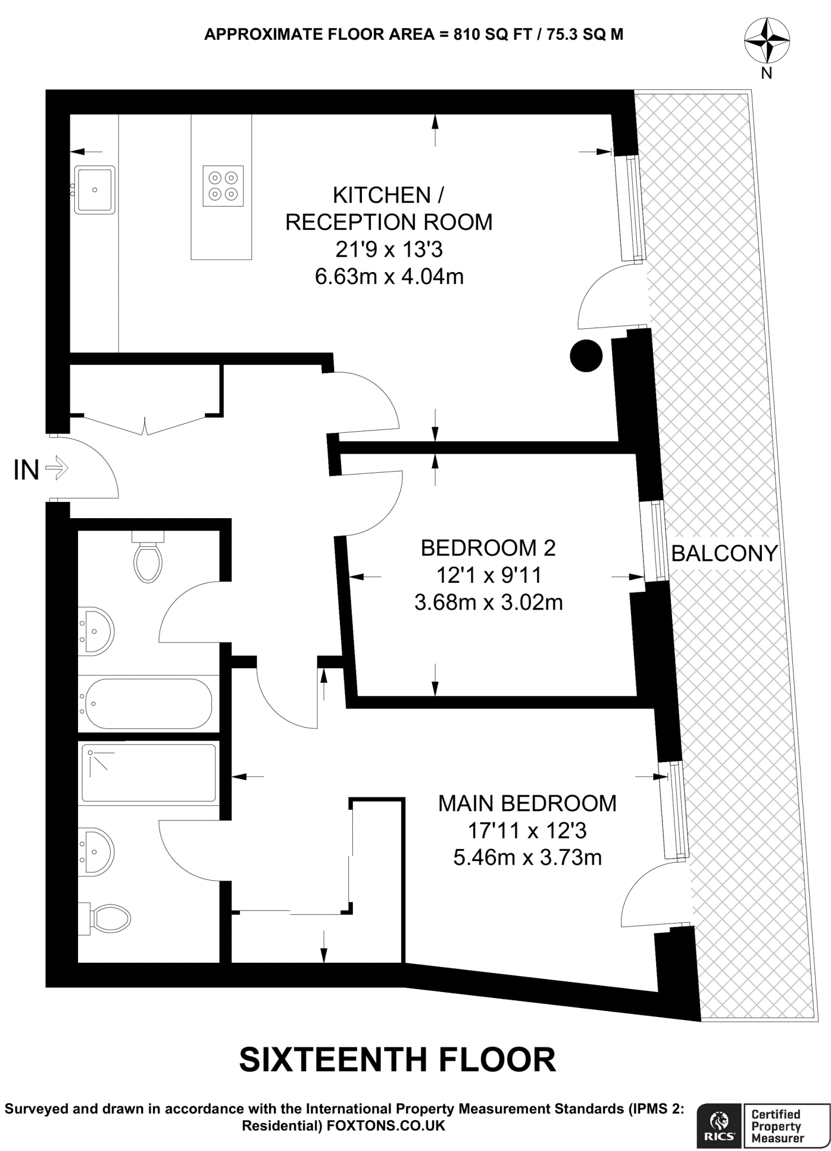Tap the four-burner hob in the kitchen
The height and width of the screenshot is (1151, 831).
[223, 185]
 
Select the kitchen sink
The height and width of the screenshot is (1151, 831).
[94, 189]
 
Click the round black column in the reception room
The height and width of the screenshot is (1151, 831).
[586, 355]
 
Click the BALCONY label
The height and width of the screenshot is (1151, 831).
[724, 554]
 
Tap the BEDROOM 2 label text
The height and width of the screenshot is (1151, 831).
[488, 547]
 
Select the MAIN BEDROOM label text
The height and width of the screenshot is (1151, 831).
[527, 803]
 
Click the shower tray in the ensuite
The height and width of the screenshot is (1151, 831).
[149, 772]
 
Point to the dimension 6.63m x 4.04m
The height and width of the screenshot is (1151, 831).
[389, 277]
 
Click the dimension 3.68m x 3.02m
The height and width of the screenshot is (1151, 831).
[488, 602]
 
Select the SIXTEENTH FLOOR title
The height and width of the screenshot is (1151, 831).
[397, 1060]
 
